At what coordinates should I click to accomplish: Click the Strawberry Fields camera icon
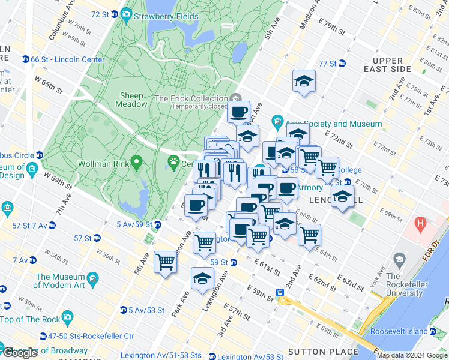pyautogui.click(x=126, y=13)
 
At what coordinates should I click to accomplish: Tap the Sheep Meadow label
pyautogui.click(x=132, y=100)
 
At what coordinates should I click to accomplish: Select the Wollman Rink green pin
pyautogui.click(x=137, y=161)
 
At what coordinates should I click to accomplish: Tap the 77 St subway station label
pyautogui.click(x=328, y=64)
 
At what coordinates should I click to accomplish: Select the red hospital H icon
pyautogui.click(x=421, y=227)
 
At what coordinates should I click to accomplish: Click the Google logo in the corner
pyautogui.click(x=20, y=353)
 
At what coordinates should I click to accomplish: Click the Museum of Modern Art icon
pyautogui.click(x=93, y=280)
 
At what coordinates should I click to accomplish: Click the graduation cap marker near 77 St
pyautogui.click(x=304, y=82)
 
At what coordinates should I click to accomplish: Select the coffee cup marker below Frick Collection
pyautogui.click(x=238, y=112)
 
